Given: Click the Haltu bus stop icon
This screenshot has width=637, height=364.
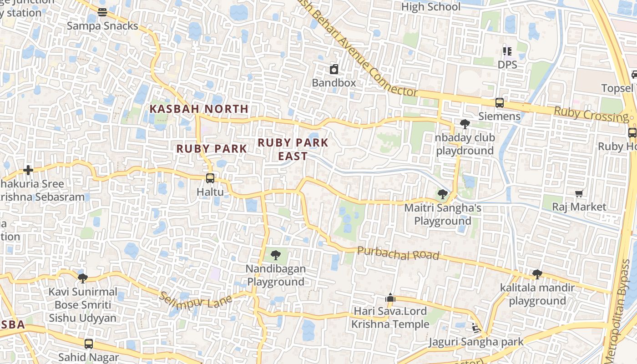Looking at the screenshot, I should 210,178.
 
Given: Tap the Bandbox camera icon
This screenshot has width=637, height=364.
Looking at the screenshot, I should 334,70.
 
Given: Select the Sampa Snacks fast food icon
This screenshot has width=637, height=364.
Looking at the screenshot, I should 102,12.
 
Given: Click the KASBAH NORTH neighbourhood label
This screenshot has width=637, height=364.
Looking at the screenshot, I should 199,109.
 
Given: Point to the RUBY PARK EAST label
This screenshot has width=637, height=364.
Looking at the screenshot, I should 293,149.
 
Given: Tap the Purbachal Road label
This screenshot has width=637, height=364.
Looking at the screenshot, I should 398,253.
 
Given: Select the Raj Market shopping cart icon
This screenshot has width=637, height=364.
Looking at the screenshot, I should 579,194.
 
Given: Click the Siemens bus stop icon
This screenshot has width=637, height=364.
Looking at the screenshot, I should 499,103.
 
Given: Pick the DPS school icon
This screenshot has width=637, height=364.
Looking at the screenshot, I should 507,51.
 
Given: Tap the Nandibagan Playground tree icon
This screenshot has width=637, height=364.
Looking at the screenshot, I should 275,255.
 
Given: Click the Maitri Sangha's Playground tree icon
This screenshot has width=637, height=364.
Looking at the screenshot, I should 442,195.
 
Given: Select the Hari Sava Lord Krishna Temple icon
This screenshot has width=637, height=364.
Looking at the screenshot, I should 390,298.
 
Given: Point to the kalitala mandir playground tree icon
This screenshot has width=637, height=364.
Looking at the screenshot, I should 537,274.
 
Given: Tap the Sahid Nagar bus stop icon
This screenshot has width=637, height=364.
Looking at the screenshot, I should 89,344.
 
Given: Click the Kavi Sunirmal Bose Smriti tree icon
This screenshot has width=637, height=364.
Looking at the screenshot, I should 82,278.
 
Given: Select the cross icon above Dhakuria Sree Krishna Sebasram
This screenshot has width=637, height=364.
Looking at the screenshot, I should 28,171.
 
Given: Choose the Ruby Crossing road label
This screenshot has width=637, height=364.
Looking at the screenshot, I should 591,114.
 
